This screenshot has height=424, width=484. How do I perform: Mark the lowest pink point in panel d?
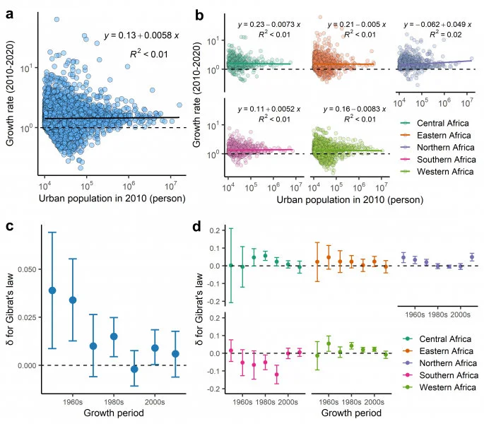pyautogui.click(x=276, y=375)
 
